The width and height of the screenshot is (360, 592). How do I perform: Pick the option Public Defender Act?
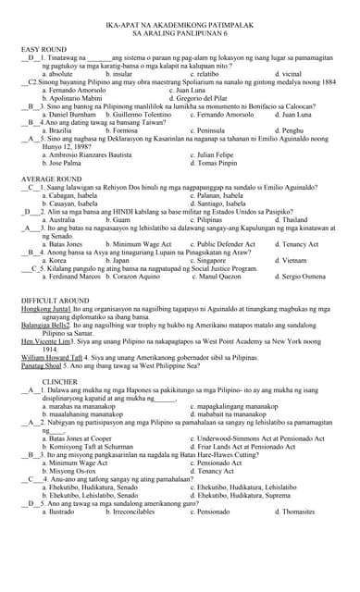pyautogui.click(x=223, y=243)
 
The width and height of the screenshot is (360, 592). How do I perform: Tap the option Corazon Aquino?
pyautogui.click(x=148, y=276)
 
